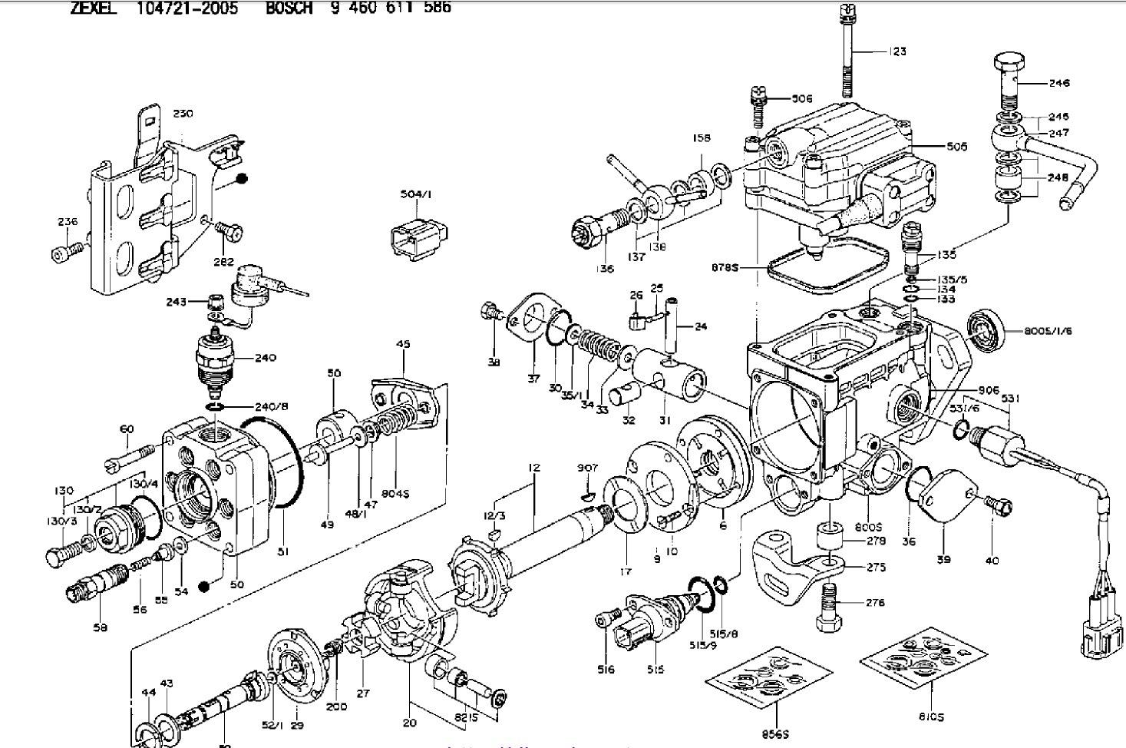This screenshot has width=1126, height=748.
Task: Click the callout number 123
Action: (897, 51)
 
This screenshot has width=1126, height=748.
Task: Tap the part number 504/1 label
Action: (415, 195)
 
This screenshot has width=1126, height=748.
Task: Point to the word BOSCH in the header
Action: (289, 8)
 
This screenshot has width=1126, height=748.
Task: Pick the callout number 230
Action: (183, 114)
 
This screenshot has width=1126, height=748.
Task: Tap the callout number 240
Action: (266, 357)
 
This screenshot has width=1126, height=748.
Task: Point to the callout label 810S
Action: (931, 717)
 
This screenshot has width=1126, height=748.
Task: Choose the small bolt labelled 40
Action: (999, 505)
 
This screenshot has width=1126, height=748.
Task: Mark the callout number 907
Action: (587, 468)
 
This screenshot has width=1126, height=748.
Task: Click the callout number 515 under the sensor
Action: (655, 670)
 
